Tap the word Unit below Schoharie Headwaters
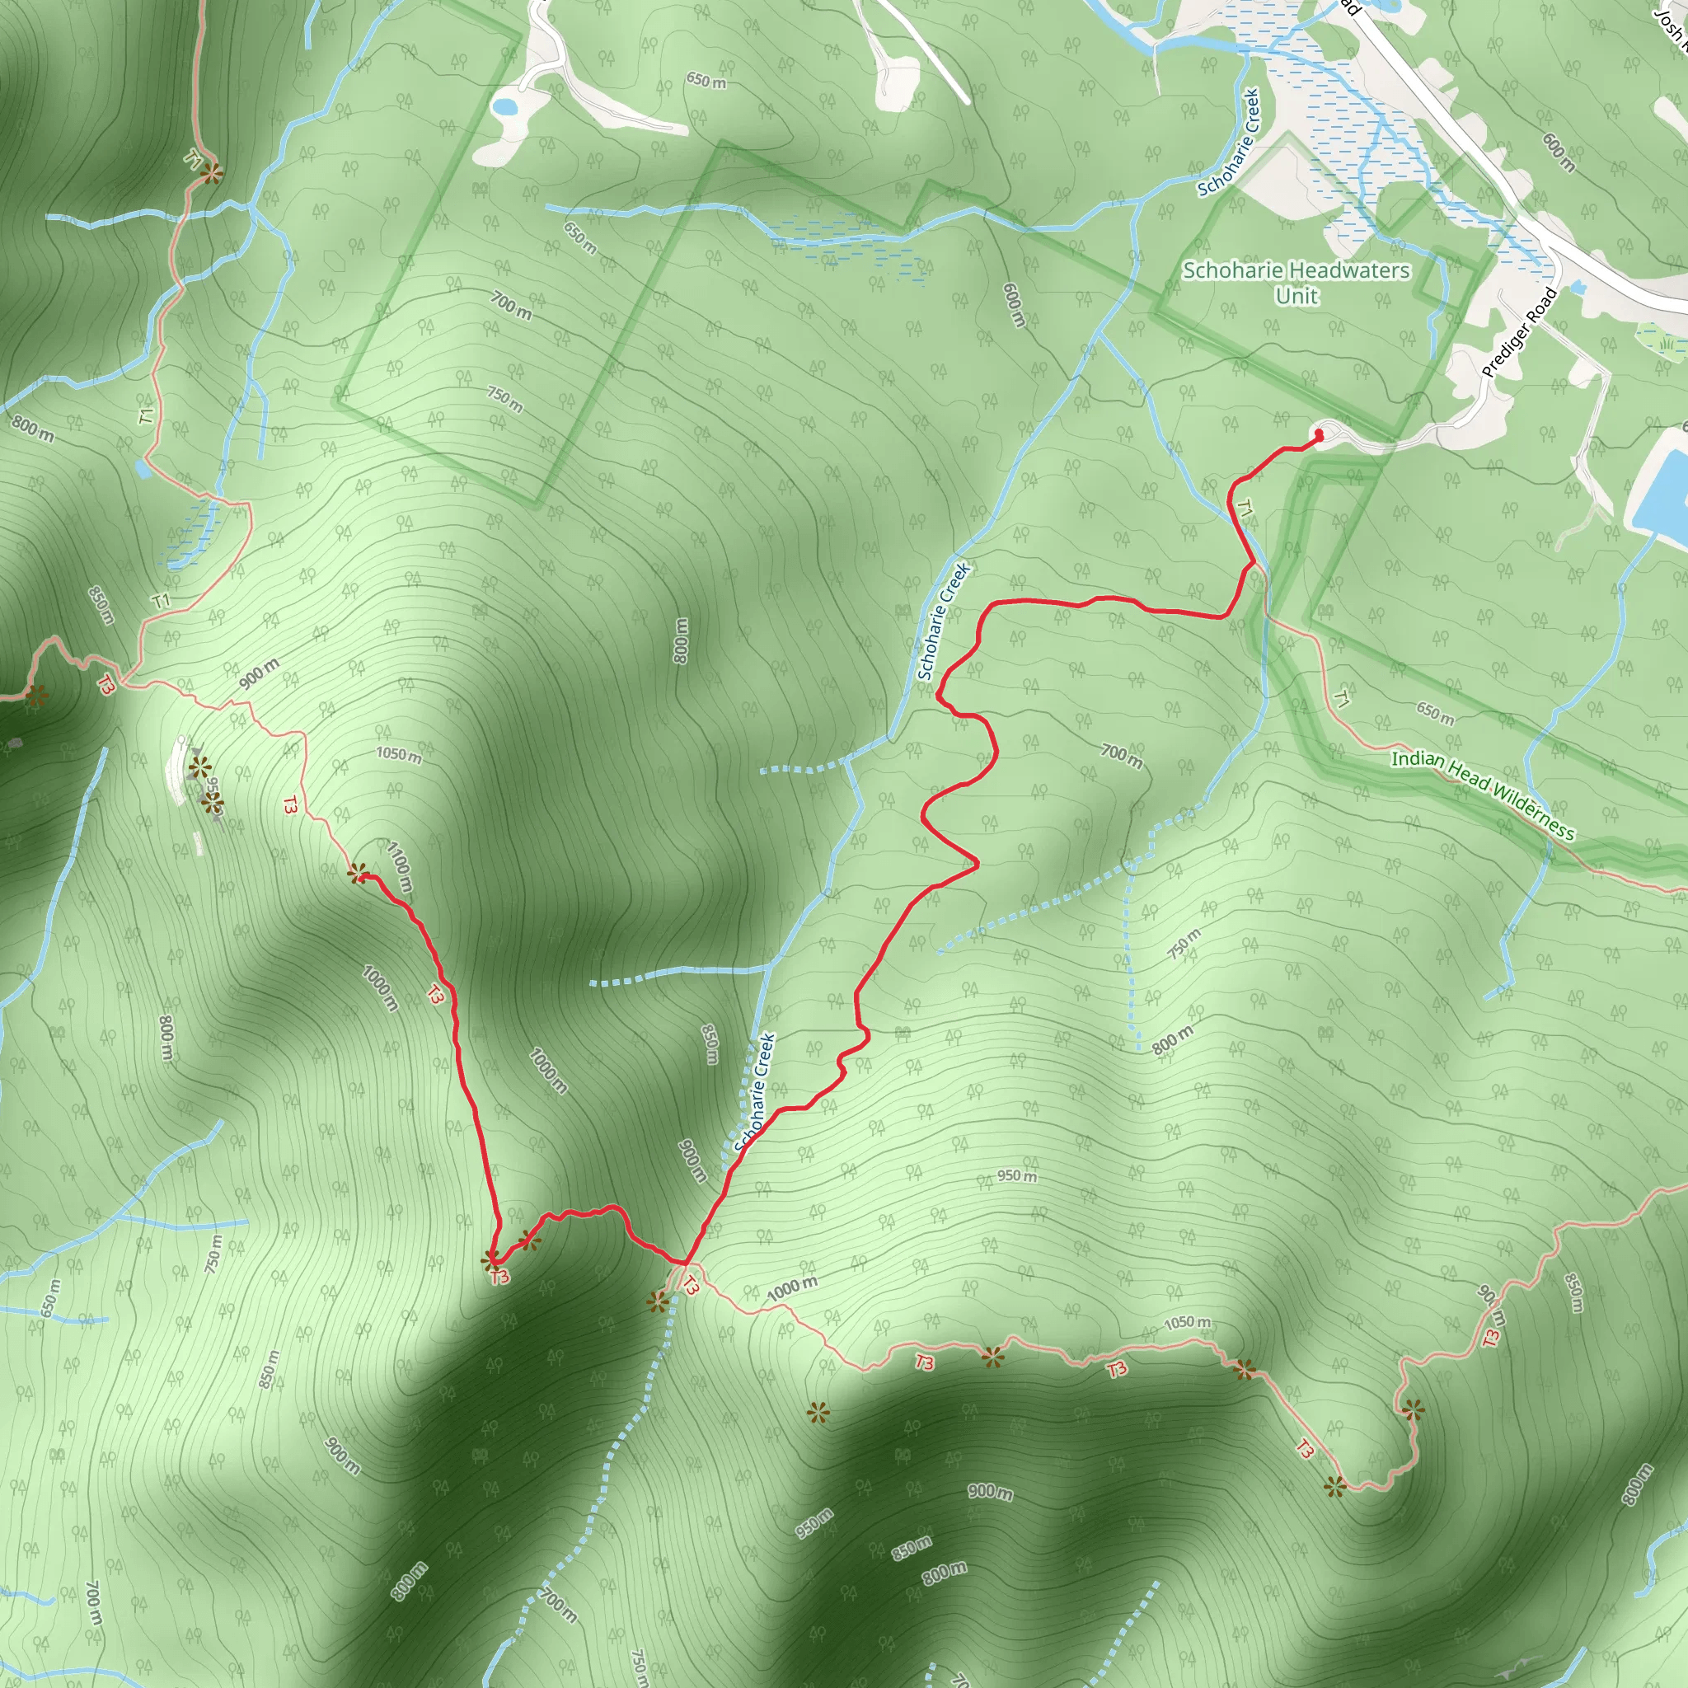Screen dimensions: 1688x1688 (1296, 296)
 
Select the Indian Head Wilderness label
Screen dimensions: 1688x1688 (1483, 795)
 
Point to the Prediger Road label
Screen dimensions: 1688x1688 (1519, 332)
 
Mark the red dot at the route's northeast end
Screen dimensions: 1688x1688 (1320, 434)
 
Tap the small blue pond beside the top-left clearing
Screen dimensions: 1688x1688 (504, 107)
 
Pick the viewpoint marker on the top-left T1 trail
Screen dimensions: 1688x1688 (210, 174)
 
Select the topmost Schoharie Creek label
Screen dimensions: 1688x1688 (1229, 142)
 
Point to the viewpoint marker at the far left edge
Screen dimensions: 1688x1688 (35, 696)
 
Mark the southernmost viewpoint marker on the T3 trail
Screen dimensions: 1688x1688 (1334, 1486)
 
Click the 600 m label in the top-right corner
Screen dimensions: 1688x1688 (1559, 152)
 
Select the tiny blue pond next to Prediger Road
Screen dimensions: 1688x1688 (1578, 287)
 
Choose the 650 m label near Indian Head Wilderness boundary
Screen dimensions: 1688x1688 (1435, 714)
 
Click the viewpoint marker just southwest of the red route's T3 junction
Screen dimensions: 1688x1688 (657, 1303)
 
